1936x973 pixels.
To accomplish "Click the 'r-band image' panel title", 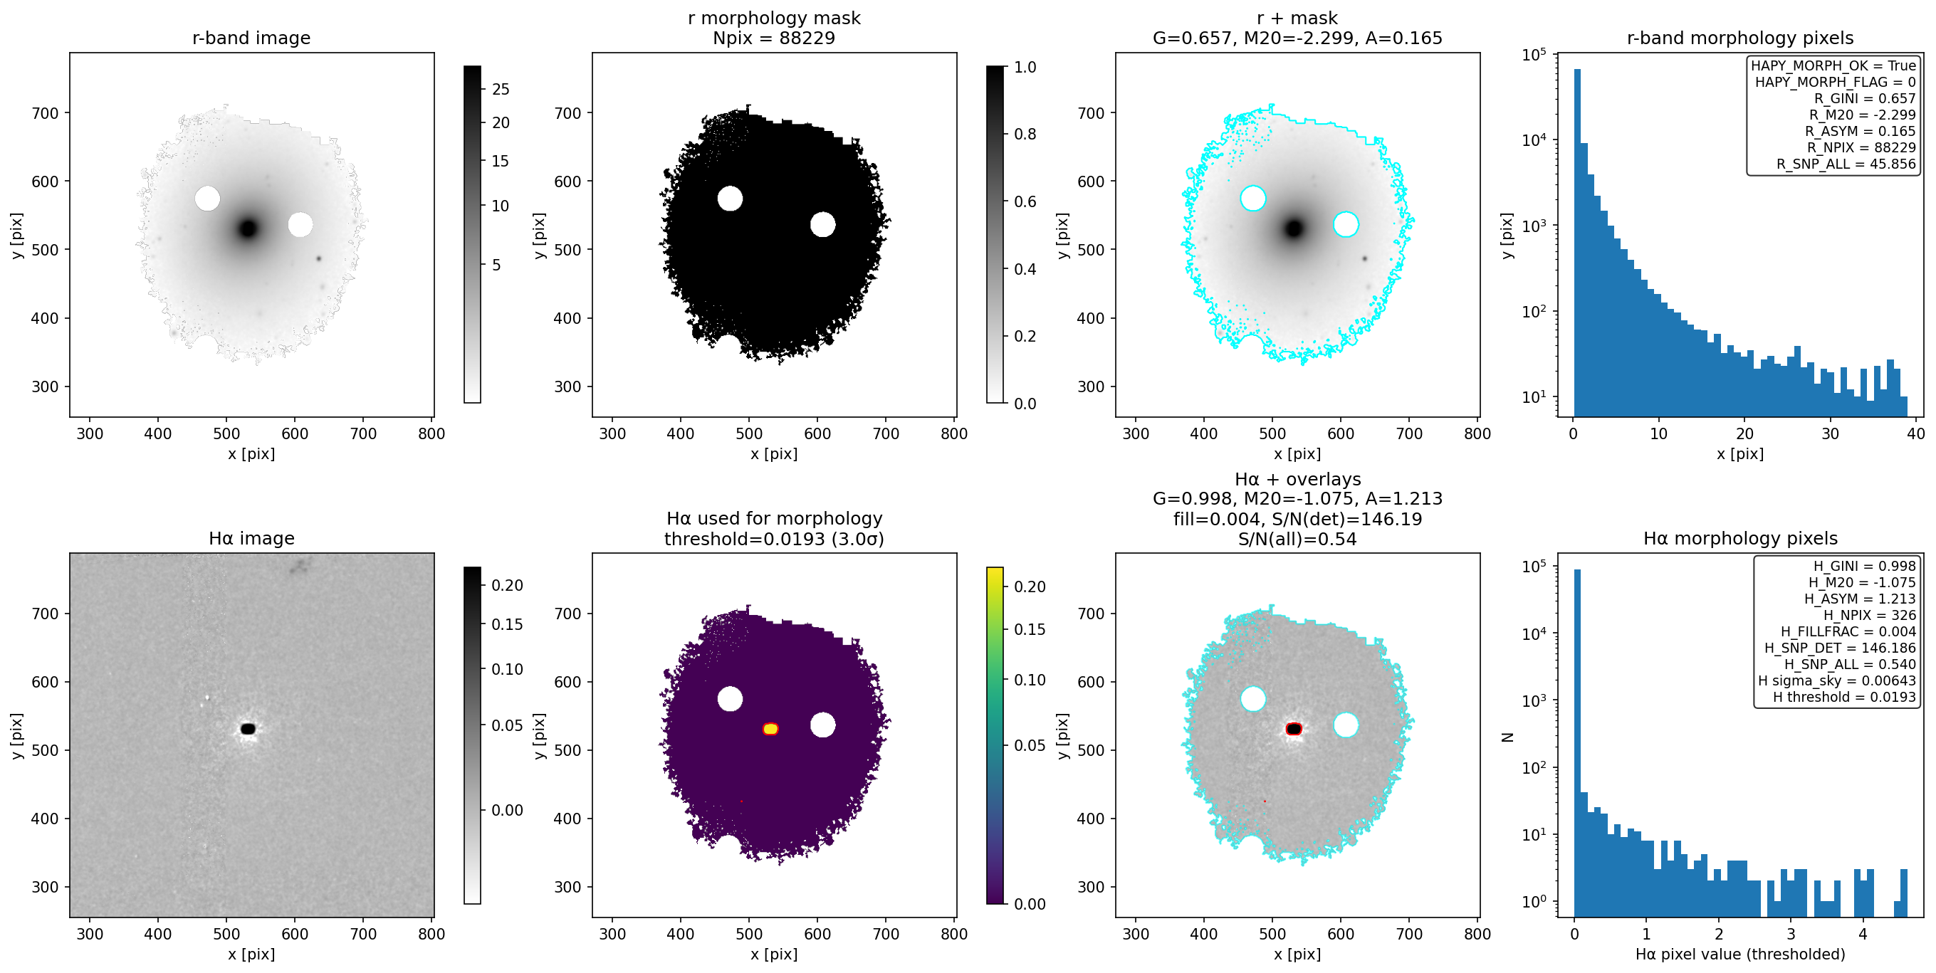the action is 251,38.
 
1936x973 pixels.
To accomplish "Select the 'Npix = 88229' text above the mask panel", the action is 774,38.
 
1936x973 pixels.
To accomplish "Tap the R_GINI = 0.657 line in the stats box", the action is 1865,98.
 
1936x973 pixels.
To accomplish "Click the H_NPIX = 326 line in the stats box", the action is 1870,616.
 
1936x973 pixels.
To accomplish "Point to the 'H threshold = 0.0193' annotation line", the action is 1844,698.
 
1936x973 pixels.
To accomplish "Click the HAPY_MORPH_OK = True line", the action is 1833,65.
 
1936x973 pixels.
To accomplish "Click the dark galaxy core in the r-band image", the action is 248,228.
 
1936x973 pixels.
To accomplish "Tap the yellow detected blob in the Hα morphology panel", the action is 770,729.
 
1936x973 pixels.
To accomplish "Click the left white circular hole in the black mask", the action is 730,199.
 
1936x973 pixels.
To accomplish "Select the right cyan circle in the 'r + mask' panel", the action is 1345,224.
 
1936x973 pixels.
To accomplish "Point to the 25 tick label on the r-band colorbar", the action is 501,90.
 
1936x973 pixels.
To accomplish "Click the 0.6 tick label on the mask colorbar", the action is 1025,201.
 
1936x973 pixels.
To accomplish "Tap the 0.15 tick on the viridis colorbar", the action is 1030,630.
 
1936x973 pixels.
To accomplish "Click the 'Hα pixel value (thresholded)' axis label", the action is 1740,954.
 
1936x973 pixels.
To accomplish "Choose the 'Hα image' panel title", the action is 251,538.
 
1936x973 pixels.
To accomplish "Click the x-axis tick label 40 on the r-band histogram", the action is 1916,433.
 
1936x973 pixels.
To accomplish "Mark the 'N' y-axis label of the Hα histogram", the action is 1507,737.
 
